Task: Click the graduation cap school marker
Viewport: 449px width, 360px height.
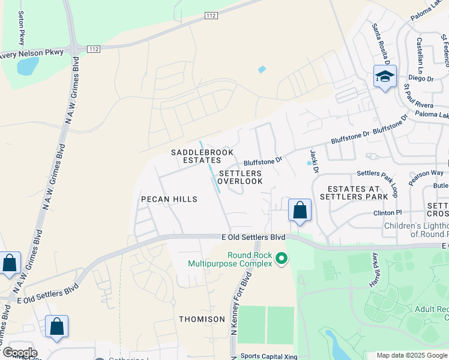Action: click(x=384, y=77)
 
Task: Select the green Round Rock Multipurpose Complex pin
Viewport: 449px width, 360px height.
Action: click(x=280, y=259)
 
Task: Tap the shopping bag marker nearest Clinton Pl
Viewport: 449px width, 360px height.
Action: click(x=300, y=211)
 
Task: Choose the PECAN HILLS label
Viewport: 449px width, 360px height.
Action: click(x=169, y=199)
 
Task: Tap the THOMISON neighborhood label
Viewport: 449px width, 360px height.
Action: click(x=202, y=319)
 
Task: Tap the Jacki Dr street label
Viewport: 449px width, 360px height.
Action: click(x=314, y=161)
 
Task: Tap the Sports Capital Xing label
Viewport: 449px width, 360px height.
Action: click(x=268, y=356)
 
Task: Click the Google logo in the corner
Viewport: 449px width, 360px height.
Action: click(x=19, y=353)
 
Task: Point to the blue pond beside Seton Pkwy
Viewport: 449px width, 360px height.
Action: click(x=28, y=66)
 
